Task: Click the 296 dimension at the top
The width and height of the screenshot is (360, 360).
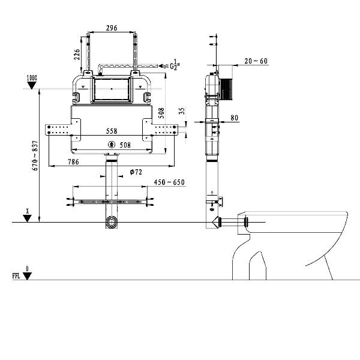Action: [112, 28]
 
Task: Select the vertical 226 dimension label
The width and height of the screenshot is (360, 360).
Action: [77, 55]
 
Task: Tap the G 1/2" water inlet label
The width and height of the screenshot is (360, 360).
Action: [175, 65]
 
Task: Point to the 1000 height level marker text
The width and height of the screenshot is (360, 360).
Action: [32, 78]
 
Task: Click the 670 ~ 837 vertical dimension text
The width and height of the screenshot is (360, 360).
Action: [35, 155]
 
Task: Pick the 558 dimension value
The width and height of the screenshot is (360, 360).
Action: [112, 131]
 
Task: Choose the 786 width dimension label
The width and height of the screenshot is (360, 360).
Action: [73, 162]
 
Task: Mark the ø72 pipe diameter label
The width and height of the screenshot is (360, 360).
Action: [136, 172]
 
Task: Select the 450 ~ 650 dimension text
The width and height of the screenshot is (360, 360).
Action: [169, 182]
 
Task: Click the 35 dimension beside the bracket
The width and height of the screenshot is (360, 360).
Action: [182, 110]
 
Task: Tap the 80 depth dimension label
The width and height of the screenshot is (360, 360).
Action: [234, 118]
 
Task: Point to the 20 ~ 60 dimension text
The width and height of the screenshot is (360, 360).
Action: [256, 61]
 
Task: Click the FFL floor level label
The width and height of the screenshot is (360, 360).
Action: [16, 276]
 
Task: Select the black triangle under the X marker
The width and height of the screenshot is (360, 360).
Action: [27, 218]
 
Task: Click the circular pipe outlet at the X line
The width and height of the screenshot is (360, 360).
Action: [112, 222]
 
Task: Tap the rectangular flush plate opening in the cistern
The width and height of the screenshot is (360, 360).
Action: [112, 89]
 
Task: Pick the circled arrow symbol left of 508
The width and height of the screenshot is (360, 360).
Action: [112, 145]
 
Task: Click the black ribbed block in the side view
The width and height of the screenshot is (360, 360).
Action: [226, 89]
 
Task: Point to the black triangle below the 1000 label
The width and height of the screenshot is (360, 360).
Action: [32, 85]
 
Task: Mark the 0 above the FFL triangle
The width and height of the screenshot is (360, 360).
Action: [28, 269]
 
